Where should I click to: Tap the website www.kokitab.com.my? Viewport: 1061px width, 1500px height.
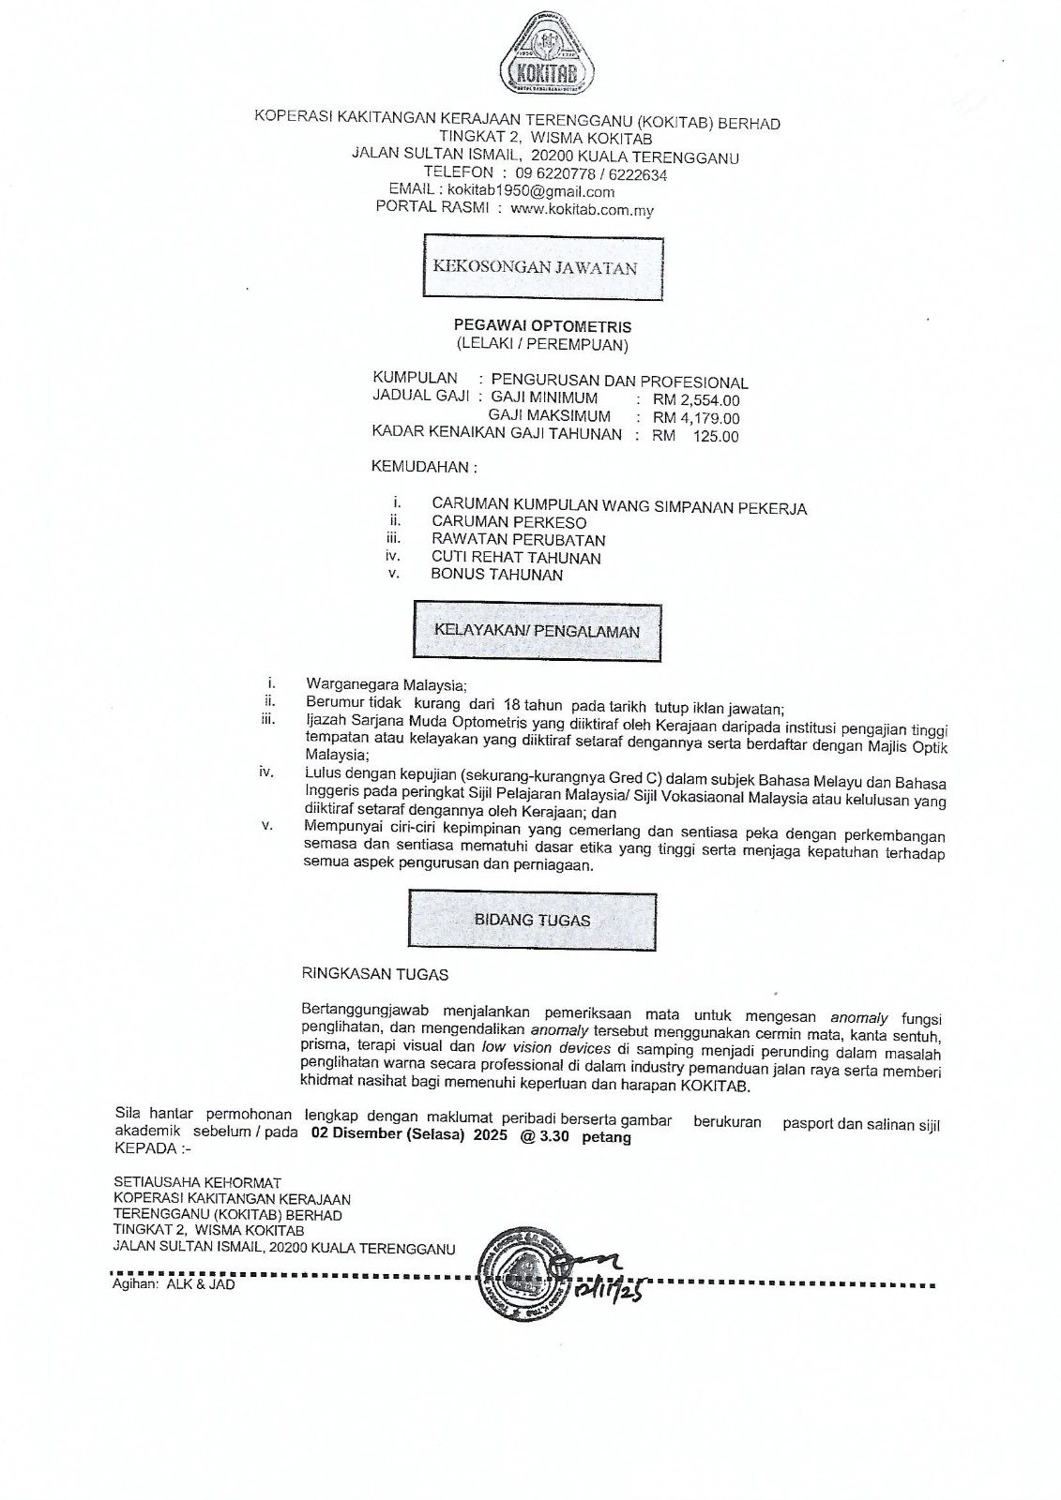tap(582, 210)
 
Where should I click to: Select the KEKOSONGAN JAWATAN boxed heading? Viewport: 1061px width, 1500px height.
tap(535, 268)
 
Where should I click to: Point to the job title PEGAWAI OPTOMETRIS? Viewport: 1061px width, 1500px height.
tap(542, 326)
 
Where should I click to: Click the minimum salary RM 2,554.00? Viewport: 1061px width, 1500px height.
tap(695, 399)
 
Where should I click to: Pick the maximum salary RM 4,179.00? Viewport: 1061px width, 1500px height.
tap(695, 418)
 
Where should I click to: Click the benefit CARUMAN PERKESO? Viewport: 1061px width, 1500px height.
tap(508, 522)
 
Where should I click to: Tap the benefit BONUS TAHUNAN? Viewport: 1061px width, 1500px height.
tap(496, 575)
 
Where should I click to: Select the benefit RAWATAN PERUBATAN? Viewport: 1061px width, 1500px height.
tap(518, 540)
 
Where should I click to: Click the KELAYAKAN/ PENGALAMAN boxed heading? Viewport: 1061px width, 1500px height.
tap(537, 632)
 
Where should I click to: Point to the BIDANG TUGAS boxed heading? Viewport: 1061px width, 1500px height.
tap(532, 920)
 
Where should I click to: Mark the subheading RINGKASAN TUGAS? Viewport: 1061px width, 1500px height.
tap(374, 974)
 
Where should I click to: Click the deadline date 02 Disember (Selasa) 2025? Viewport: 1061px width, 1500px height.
tap(404, 1137)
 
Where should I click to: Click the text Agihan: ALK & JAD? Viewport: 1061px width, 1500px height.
tap(174, 1284)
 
